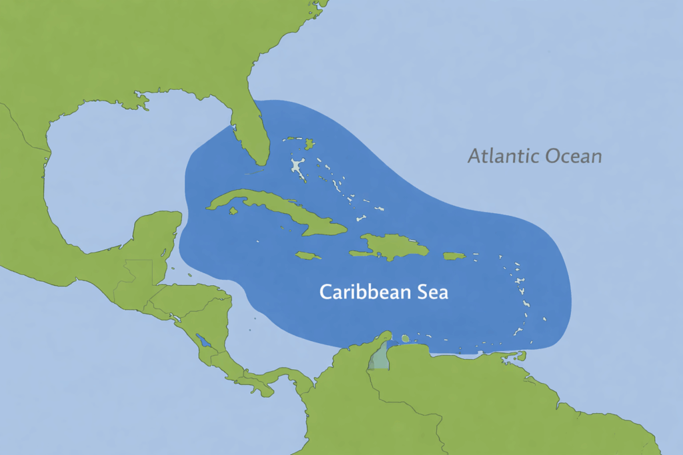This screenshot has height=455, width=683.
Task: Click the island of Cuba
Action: coord(280,210)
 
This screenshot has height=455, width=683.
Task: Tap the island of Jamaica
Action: coord(307,255)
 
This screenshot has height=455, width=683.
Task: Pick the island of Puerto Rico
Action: coord(454,256)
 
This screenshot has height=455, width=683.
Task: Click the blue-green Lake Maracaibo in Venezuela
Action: coord(378,358)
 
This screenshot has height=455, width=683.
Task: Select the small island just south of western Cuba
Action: coord(233,211)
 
